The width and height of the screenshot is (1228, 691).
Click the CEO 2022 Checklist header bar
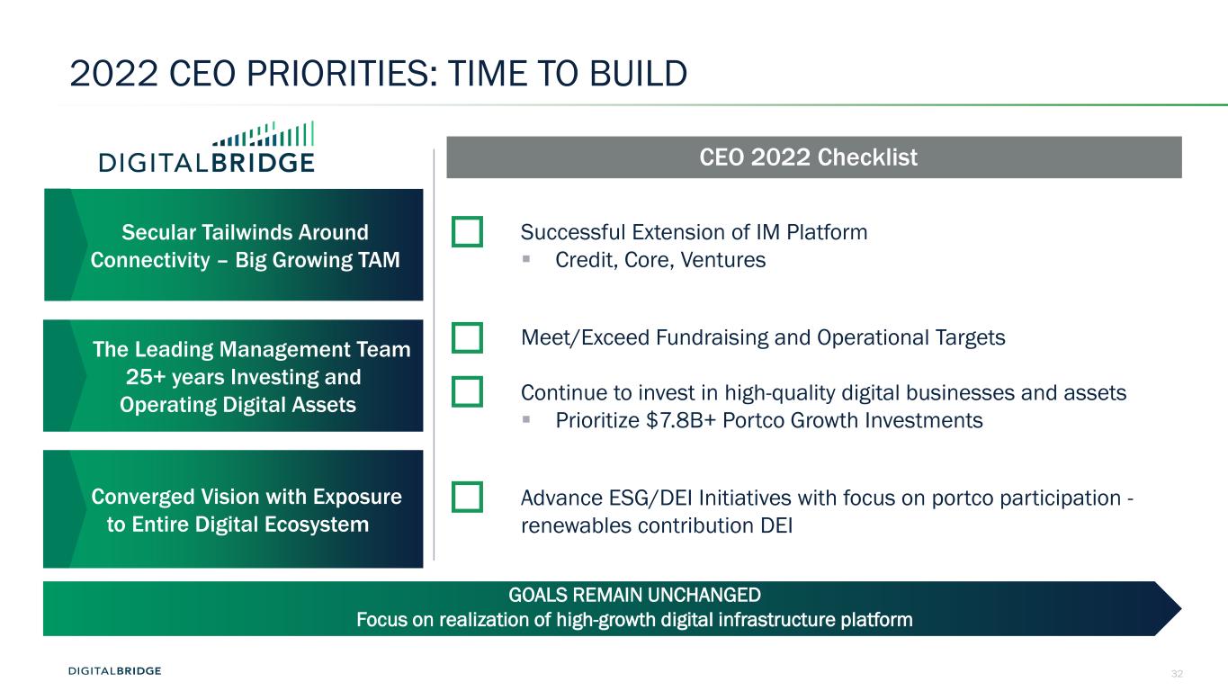(814, 157)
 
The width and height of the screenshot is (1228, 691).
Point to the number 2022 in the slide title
(114, 74)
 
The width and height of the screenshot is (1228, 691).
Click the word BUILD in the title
(638, 74)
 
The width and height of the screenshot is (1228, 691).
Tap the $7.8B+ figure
(681, 421)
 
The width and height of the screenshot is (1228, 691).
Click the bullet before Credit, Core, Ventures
(526, 259)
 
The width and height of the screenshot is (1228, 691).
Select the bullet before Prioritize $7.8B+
(526, 419)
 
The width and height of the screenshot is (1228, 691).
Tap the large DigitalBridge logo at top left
(207, 147)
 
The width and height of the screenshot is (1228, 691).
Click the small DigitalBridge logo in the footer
(114, 670)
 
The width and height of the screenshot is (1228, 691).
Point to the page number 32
(1177, 673)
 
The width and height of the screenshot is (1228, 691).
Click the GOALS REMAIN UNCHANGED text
(634, 595)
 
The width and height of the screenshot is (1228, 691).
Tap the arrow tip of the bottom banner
(1181, 609)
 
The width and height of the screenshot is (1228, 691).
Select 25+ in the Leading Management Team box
(145, 377)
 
